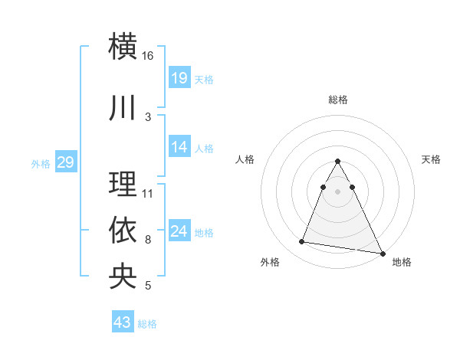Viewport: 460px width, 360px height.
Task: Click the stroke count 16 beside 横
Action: click(x=148, y=56)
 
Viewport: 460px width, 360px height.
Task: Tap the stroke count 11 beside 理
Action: click(x=148, y=193)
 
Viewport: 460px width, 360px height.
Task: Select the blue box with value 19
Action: click(x=179, y=77)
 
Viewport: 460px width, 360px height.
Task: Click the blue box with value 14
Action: click(x=179, y=147)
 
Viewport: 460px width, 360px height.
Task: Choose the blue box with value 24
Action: click(x=179, y=231)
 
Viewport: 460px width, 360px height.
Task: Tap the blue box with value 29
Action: click(x=65, y=162)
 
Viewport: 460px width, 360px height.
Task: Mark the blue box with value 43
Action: click(x=123, y=322)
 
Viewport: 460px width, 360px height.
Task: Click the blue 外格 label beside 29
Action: click(x=41, y=163)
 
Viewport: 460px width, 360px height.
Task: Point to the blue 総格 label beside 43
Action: click(x=147, y=324)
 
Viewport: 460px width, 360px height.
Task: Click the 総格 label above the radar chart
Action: click(x=337, y=100)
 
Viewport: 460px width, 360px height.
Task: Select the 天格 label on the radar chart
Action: click(x=432, y=159)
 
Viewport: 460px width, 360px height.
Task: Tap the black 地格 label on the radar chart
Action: click(x=402, y=263)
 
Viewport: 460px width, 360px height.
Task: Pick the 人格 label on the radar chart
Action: click(x=245, y=159)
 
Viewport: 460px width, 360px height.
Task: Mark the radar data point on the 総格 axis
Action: click(x=337, y=162)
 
